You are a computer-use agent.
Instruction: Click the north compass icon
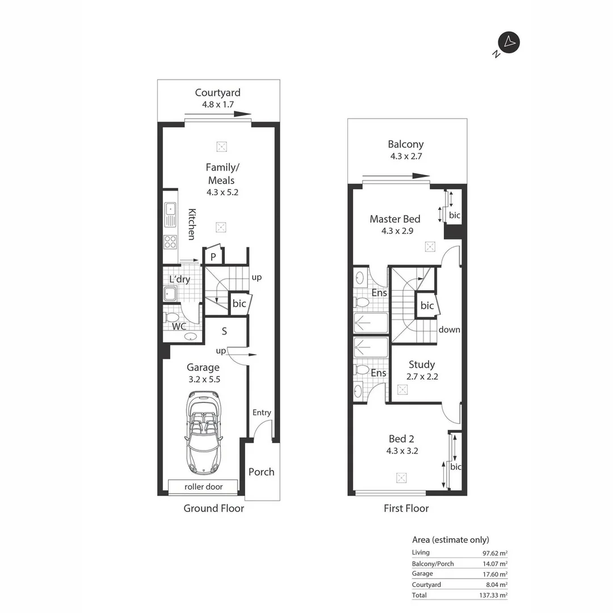tap(509, 43)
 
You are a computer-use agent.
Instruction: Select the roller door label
tap(203, 487)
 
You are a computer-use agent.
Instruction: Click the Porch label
tap(261, 472)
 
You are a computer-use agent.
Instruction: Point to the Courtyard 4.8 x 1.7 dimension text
tap(217, 104)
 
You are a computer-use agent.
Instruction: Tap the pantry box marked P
tap(213, 257)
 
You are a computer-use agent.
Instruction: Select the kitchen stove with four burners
tap(170, 242)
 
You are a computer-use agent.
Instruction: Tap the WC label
tap(179, 326)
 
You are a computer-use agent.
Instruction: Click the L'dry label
tap(179, 279)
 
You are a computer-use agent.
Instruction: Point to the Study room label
tap(421, 365)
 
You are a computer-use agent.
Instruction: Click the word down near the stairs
tap(449, 330)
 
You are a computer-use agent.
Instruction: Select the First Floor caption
tap(406, 509)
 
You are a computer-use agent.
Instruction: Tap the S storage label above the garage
tap(224, 331)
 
